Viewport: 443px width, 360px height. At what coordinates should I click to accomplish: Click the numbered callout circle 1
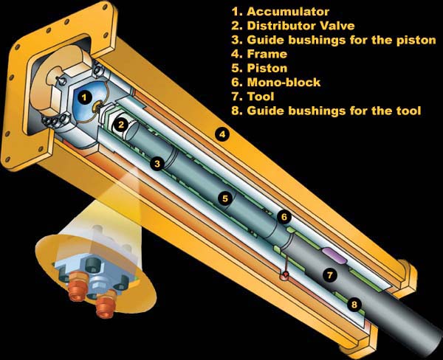pos(84,98)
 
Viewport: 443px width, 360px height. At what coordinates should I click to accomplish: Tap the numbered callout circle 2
pos(121,125)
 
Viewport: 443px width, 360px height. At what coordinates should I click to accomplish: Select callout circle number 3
pos(157,164)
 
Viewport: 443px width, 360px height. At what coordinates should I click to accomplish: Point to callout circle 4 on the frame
pos(223,134)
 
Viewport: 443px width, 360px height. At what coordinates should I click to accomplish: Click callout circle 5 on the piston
pos(225,198)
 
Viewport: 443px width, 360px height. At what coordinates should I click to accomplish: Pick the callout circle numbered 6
pos(284,217)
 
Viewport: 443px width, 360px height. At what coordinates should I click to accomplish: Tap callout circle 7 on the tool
pos(330,275)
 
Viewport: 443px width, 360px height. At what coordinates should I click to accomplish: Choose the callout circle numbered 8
pos(354,305)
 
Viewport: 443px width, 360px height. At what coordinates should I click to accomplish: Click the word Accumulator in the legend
pos(288,12)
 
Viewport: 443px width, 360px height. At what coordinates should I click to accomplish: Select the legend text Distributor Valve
pos(301,26)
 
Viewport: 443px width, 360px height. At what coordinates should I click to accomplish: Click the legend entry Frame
pos(267,54)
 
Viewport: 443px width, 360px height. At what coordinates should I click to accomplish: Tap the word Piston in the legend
pos(267,68)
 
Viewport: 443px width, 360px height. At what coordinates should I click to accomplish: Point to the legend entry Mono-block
pos(284,82)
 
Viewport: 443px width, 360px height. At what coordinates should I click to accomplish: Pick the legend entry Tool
pos(261,97)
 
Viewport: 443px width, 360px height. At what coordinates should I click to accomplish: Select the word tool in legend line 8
pos(408,111)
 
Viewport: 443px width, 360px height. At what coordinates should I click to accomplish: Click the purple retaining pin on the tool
pos(334,255)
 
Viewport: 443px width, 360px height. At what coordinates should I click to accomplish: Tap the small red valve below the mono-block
pos(285,275)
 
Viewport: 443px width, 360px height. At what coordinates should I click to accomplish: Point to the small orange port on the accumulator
pos(97,107)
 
